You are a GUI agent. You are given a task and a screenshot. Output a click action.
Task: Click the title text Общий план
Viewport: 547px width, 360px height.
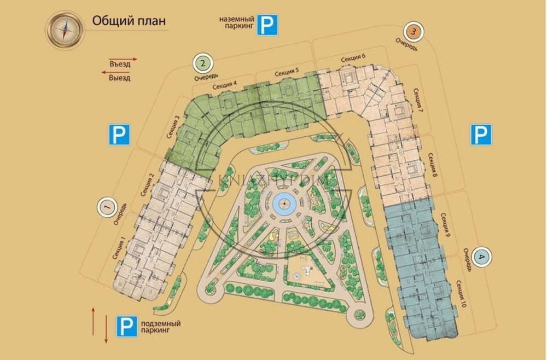pos(129,22)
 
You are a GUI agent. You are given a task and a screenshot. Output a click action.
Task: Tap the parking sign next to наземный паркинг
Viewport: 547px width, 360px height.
pos(267,25)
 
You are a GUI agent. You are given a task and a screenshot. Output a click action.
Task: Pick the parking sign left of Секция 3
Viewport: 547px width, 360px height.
pos(118,135)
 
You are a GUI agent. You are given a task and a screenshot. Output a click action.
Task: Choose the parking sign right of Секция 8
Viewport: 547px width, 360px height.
pos(481,135)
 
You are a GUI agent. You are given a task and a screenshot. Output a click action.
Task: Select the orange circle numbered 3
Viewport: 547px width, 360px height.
pos(413,31)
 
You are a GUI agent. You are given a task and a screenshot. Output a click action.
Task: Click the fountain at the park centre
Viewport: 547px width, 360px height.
pos(284,205)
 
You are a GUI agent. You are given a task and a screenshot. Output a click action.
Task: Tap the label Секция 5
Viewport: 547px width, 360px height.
pos(287,72)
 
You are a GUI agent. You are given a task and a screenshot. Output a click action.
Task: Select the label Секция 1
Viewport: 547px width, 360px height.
pos(119,251)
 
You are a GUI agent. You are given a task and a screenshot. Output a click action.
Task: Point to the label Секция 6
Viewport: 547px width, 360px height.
pos(353,59)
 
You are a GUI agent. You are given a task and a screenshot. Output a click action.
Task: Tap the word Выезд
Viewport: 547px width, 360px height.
pos(120,78)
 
